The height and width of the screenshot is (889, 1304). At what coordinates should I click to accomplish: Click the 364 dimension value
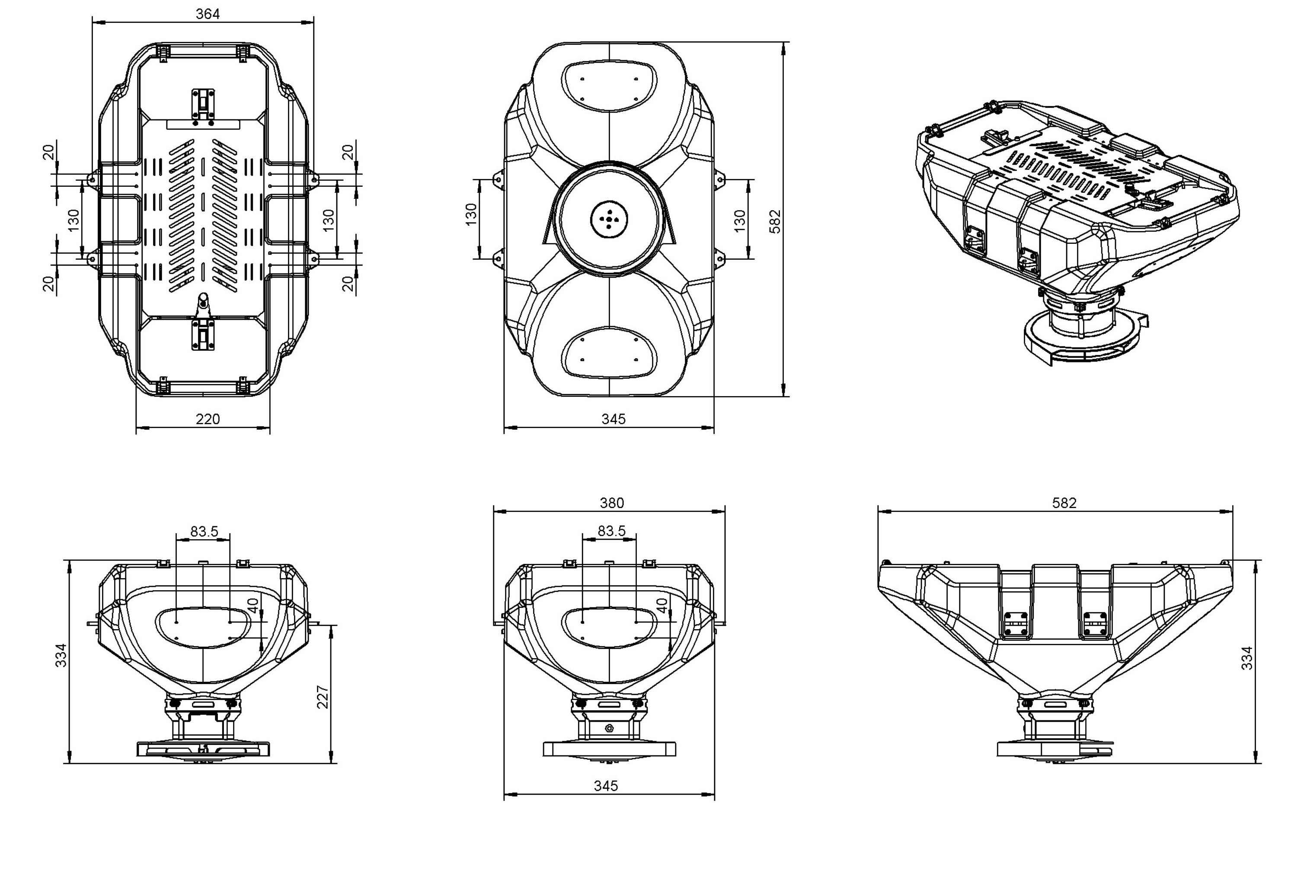coord(208,14)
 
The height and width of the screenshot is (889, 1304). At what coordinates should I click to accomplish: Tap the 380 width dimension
coord(612,503)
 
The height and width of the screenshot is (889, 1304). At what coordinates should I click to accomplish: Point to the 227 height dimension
coord(323,697)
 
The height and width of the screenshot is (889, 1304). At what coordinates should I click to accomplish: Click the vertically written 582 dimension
coord(775,222)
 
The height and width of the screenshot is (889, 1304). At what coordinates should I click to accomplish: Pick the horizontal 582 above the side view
coord(1064,503)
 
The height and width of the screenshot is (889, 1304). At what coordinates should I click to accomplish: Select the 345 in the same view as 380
coord(606,786)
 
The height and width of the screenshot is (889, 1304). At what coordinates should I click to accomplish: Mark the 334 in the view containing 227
coord(61,655)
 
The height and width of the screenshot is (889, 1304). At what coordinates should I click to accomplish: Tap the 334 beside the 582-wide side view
coord(1247,658)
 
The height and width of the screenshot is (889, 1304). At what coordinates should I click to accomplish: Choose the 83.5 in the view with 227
coord(204,531)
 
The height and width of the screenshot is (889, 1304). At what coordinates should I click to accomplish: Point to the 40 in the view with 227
coord(253,606)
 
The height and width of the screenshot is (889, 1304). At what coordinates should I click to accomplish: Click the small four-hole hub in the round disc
coord(609,219)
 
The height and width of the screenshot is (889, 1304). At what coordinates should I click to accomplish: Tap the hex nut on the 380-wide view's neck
coord(609,728)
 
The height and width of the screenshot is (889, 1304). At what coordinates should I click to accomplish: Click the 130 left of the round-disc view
coord(471,214)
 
